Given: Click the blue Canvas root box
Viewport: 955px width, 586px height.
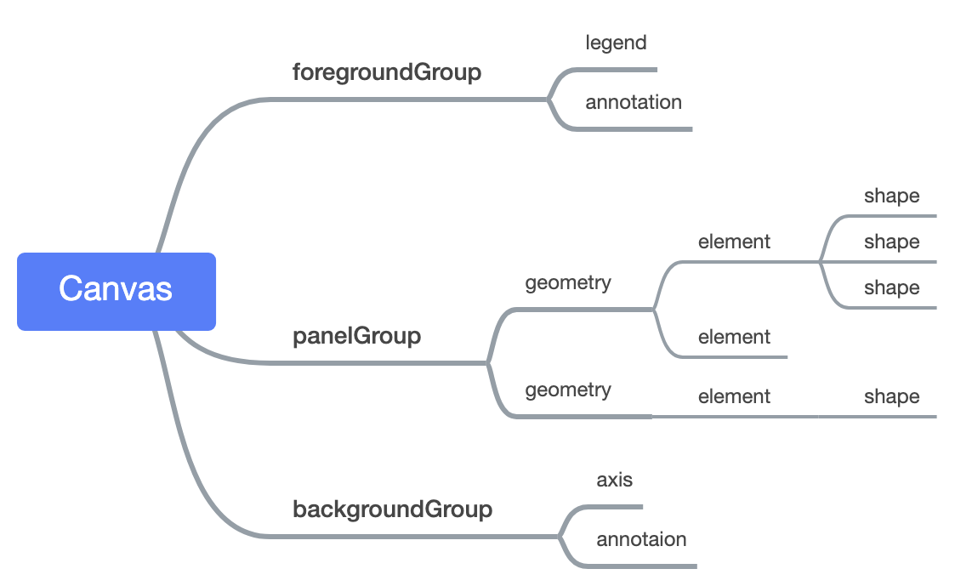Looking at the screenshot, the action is tap(117, 291).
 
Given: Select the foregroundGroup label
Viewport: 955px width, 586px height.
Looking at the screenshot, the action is tap(387, 72).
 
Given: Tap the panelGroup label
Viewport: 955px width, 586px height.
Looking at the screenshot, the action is tap(356, 336).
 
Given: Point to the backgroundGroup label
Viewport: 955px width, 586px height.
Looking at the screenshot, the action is tap(392, 509).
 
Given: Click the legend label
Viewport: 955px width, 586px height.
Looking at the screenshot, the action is tap(616, 43).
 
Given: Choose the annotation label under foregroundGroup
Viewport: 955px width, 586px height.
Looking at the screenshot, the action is tap(633, 102).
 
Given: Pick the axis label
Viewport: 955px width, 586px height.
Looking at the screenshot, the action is tap(614, 480).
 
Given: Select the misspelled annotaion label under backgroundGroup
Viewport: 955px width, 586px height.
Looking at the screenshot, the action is tap(641, 539).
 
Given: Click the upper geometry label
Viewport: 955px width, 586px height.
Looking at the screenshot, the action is tap(567, 282).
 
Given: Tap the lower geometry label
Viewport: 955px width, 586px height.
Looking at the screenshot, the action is tap(567, 390).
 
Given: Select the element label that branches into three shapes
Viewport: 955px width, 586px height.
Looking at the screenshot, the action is tap(734, 242).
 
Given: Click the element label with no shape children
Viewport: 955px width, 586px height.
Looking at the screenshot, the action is tap(734, 337).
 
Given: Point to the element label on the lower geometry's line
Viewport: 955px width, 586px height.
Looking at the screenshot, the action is tap(734, 396).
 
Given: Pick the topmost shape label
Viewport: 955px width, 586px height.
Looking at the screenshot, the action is tap(891, 196).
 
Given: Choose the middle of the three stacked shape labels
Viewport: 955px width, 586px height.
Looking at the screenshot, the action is tap(891, 242).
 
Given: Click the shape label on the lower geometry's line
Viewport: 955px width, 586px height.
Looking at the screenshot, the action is tap(891, 396).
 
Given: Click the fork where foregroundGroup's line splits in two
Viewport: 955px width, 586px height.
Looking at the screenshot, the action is tap(549, 100).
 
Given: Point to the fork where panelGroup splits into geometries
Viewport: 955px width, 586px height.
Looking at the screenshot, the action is tap(488, 363).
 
